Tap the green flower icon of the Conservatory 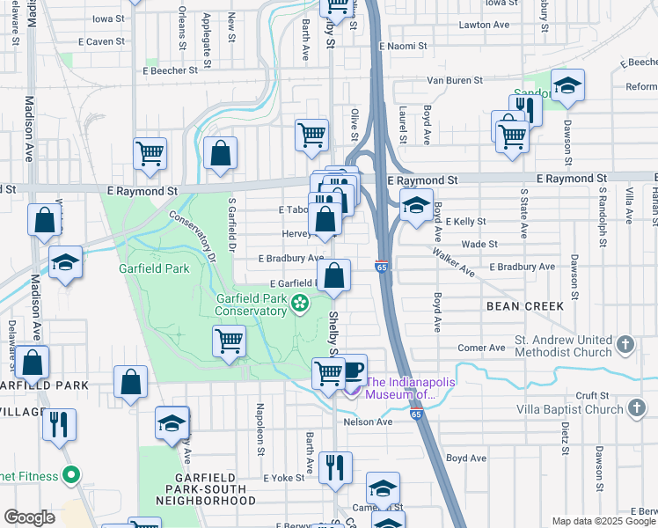(x=300, y=304)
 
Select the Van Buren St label (x=455, y=80)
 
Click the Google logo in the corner (x=29, y=517)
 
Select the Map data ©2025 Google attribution (x=603, y=521)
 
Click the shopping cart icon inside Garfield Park (x=229, y=340)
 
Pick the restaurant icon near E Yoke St (x=334, y=468)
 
